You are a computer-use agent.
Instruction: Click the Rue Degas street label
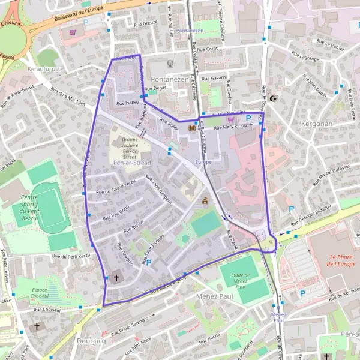point(155,88)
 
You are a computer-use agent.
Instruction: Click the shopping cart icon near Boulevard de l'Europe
point(73,32)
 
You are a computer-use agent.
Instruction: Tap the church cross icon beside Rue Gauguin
point(116,278)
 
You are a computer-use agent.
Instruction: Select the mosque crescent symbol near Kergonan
point(275,98)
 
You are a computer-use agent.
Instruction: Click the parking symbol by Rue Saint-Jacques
point(149,262)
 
